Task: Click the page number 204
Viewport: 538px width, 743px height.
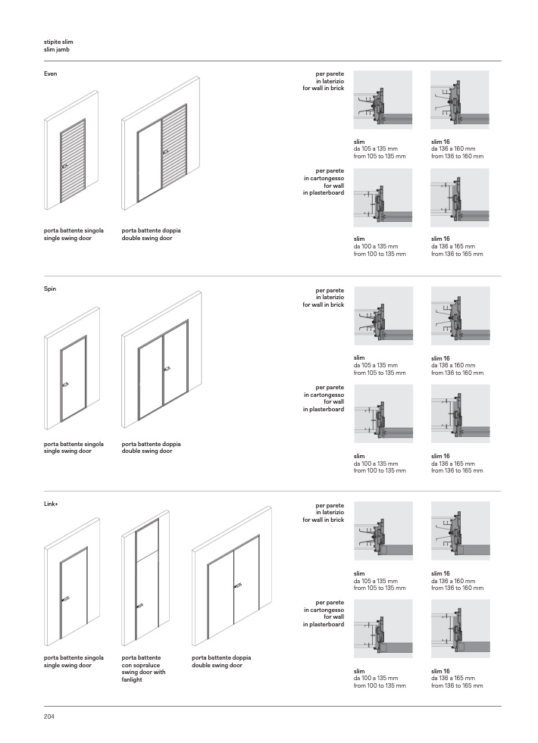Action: point(49,716)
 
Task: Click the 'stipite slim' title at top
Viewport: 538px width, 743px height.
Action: point(58,42)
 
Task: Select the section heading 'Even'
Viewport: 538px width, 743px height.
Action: point(50,73)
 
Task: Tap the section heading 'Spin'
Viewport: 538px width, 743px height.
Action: point(50,289)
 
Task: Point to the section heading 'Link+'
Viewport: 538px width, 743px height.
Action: point(52,504)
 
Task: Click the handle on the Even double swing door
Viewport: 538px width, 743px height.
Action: point(164,152)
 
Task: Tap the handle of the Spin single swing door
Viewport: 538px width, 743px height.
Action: point(65,383)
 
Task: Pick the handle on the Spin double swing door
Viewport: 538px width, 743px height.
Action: point(166,368)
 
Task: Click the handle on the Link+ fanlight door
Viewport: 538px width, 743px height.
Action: point(139,605)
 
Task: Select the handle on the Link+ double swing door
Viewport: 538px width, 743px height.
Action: point(238,585)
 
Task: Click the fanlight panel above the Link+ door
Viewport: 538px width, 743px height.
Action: point(146,541)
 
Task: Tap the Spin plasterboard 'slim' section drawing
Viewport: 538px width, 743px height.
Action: point(383,414)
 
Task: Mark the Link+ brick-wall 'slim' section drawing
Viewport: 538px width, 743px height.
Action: point(383,531)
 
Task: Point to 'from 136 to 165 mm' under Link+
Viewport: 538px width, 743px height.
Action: point(457,685)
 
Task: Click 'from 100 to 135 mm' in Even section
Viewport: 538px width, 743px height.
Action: point(380,254)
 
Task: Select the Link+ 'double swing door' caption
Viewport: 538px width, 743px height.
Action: point(217,665)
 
